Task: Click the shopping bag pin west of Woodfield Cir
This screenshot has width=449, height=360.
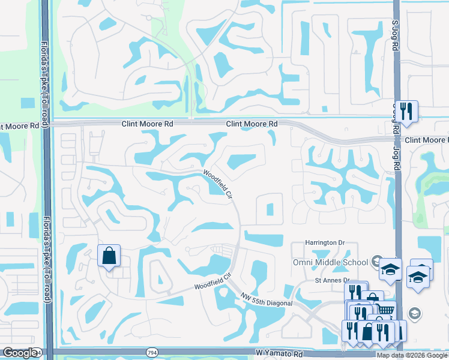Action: [x=109, y=257]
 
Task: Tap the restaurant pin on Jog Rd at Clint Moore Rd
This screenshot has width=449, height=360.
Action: [x=408, y=112]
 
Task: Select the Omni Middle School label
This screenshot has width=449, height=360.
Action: [x=330, y=262]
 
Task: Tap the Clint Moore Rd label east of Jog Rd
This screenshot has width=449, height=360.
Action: [x=426, y=140]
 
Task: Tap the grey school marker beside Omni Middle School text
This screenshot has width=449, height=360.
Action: [x=376, y=261]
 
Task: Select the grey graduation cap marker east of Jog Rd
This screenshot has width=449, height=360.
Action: [x=414, y=313]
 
